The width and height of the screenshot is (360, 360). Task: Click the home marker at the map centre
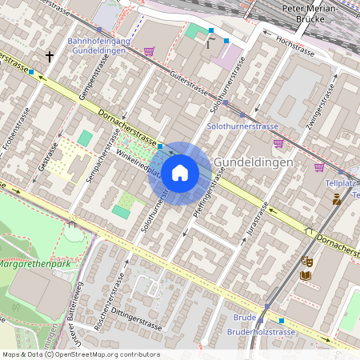click(180, 173)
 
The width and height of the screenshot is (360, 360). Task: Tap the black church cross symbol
click(50, 57)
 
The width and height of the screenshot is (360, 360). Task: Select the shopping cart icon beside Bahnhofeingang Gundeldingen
click(149, 51)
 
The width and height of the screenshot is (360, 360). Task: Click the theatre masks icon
click(306, 261)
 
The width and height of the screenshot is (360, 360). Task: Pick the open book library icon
click(306, 276)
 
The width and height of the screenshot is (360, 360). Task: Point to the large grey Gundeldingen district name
click(254, 162)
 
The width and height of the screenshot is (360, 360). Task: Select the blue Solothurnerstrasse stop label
click(242, 126)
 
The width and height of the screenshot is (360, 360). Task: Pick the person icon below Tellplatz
click(337, 199)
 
